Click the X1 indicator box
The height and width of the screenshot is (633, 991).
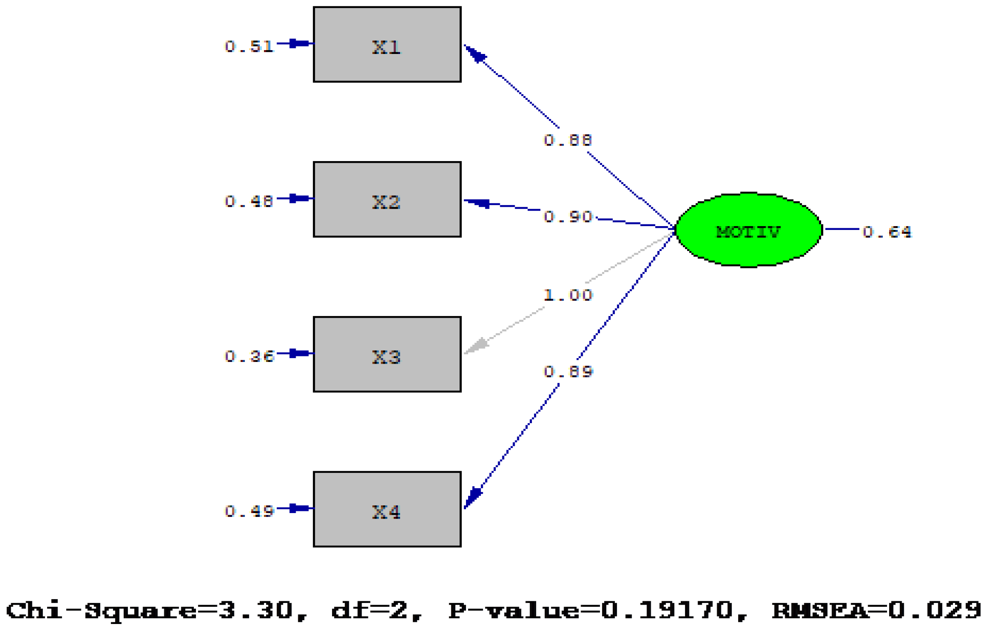tap(387, 45)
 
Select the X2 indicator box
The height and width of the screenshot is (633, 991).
tap(387, 200)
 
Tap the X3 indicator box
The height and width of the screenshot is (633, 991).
tap(387, 355)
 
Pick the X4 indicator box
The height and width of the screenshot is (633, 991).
tap(387, 510)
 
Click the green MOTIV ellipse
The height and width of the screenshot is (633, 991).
tap(748, 230)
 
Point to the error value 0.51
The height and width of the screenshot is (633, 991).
tap(249, 46)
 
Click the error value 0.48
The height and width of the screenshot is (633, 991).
tap(249, 201)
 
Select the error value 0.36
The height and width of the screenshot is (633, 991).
tap(249, 356)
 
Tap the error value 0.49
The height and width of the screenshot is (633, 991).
tap(249, 511)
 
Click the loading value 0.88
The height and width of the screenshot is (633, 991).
tap(568, 140)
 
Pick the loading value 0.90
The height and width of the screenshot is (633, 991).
tap(568, 217)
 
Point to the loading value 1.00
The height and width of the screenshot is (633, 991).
tap(568, 295)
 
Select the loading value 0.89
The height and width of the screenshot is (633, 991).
tap(568, 371)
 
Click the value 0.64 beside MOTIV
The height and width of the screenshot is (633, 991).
tap(887, 232)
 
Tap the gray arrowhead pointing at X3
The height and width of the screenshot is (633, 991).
tap(476, 346)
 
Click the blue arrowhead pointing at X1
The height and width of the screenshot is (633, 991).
tap(476, 55)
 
